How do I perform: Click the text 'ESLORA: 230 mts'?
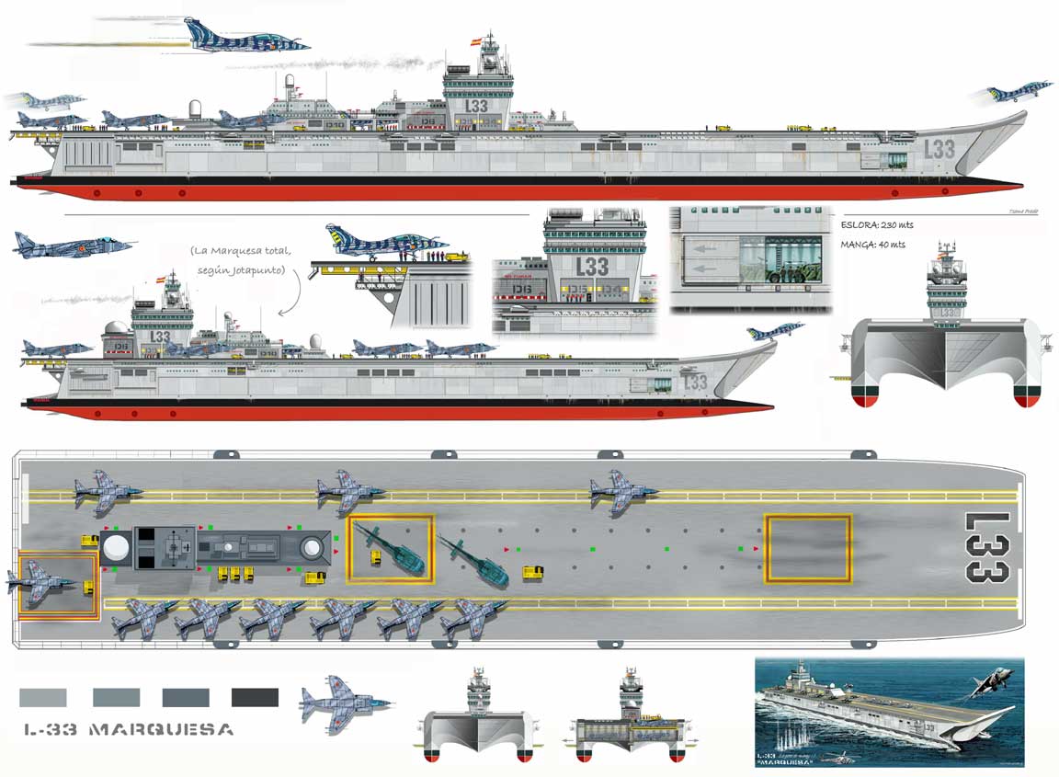(877, 224)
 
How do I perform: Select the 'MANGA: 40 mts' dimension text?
(872, 245)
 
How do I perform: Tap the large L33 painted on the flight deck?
(986, 547)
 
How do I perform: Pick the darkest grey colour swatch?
(255, 698)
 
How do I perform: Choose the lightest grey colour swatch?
(42, 698)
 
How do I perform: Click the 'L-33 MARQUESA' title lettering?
(129, 730)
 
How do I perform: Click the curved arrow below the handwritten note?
(295, 298)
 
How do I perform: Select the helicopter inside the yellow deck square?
(388, 548)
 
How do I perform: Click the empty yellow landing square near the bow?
(808, 548)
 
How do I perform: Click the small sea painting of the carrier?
(888, 711)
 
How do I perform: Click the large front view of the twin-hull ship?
(947, 349)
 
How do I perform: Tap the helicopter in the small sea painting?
(837, 760)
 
